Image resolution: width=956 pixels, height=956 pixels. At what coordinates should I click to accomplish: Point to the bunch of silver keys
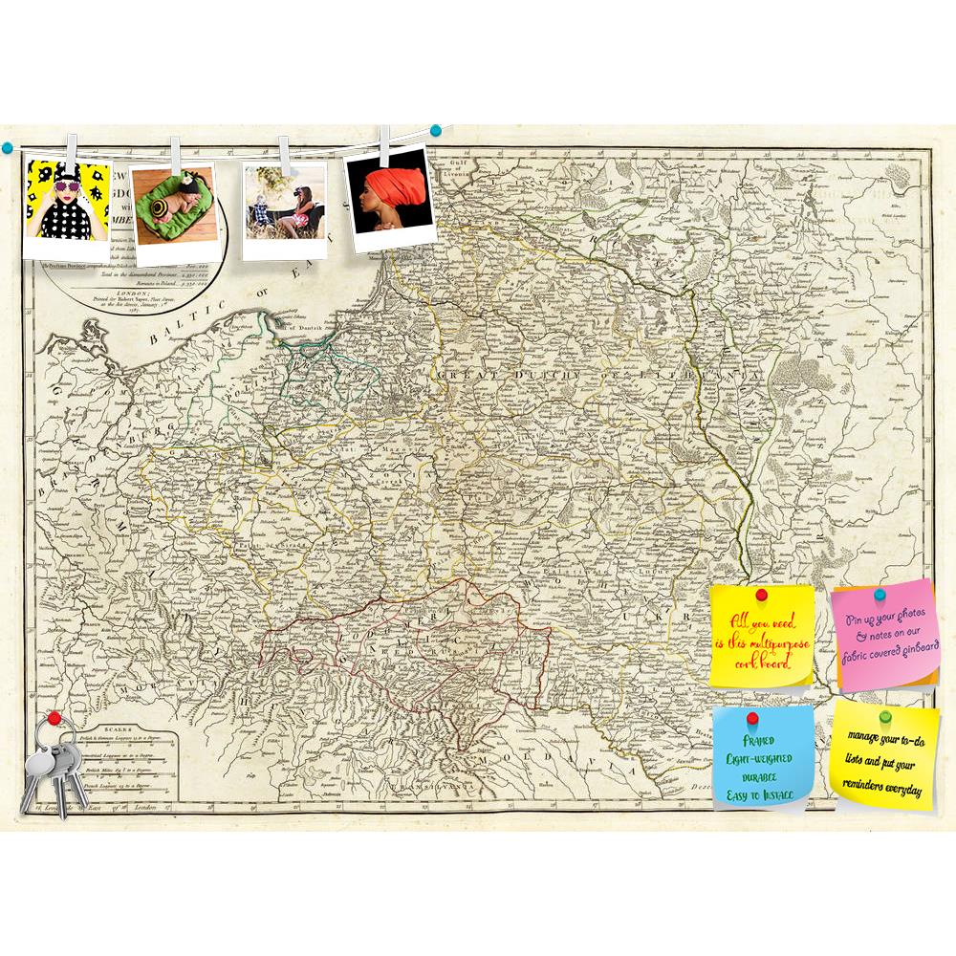coord(52,765)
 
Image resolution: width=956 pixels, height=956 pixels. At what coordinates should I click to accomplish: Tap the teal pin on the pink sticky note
coord(880,596)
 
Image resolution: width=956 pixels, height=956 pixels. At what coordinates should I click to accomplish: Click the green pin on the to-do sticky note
coord(885,714)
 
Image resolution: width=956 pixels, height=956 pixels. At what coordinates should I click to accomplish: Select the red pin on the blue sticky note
coord(751,718)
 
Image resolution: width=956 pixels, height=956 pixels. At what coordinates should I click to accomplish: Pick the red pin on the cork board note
coord(762,596)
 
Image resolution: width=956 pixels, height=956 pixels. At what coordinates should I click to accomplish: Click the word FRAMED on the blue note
coord(762,741)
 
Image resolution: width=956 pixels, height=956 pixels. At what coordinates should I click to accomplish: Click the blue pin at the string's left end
coord(7,146)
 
